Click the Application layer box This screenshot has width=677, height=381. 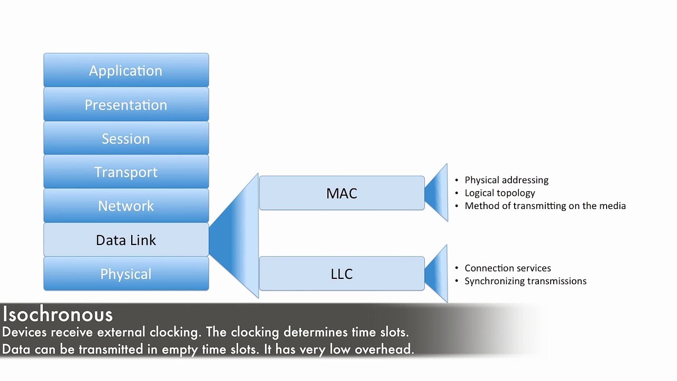126,70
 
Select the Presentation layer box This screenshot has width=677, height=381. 126,104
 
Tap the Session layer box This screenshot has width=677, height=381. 126,138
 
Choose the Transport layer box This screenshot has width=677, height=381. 126,172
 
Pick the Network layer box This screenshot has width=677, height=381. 126,206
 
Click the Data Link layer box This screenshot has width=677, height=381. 126,240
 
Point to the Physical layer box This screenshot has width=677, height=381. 126,274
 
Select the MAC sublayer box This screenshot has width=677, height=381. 342,193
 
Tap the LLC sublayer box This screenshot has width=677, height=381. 342,274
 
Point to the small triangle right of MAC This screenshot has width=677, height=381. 438,193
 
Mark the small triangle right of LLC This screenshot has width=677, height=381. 438,274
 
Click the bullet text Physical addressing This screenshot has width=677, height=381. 507,180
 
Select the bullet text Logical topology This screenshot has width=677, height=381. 500,193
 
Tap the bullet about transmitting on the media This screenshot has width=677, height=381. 545,206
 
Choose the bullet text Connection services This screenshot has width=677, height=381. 508,268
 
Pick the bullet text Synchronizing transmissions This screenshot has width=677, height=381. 526,281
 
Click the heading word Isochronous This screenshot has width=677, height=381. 58,314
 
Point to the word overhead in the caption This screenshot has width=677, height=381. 384,349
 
